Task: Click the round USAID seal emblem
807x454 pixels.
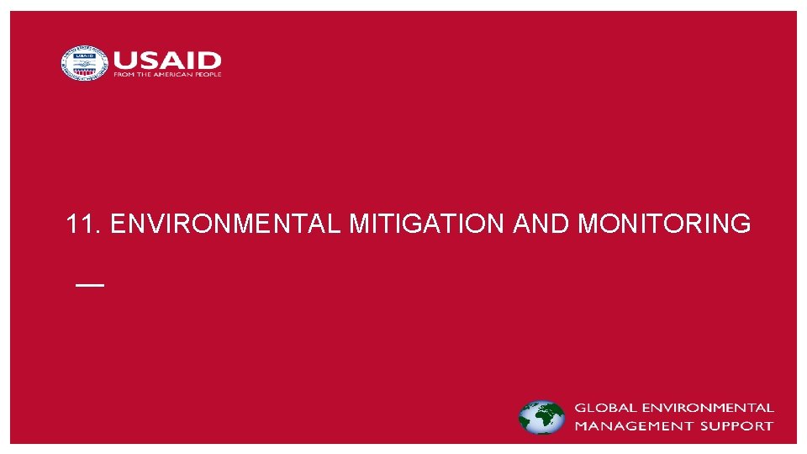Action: (x=85, y=63)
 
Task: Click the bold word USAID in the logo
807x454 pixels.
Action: (x=167, y=61)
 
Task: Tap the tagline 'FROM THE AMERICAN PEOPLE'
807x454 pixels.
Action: (x=167, y=75)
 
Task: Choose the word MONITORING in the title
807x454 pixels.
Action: (x=665, y=224)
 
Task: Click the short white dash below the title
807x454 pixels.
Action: (x=90, y=285)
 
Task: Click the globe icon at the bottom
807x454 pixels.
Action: (x=541, y=417)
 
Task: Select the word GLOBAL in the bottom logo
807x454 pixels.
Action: (x=603, y=408)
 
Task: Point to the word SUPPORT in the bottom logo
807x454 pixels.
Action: (x=740, y=425)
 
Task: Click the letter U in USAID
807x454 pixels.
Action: (x=126, y=61)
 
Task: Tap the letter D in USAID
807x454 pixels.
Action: (x=210, y=61)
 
